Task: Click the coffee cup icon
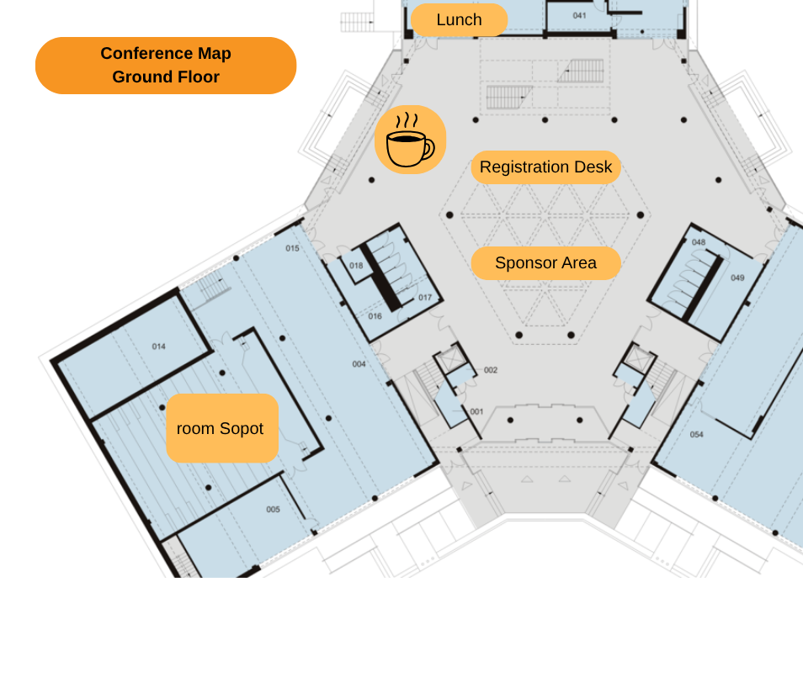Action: [x=410, y=140]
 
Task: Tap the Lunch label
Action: [x=460, y=20]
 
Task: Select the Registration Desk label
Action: [x=546, y=167]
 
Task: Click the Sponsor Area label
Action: [x=546, y=263]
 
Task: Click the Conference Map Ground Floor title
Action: [x=166, y=65]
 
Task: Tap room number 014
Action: [x=159, y=347]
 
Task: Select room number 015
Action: [x=292, y=248]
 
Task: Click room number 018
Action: [x=356, y=266]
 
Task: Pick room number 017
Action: [x=425, y=297]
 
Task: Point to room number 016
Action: [x=375, y=316]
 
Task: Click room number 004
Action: [x=359, y=363]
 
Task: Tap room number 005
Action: [x=273, y=509]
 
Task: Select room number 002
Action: [x=491, y=370]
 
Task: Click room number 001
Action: [x=476, y=411]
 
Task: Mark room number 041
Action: [x=579, y=15]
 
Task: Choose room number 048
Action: [x=699, y=242]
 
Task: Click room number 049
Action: [x=737, y=278]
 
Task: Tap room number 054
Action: [x=696, y=434]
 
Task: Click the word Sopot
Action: [x=242, y=429]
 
